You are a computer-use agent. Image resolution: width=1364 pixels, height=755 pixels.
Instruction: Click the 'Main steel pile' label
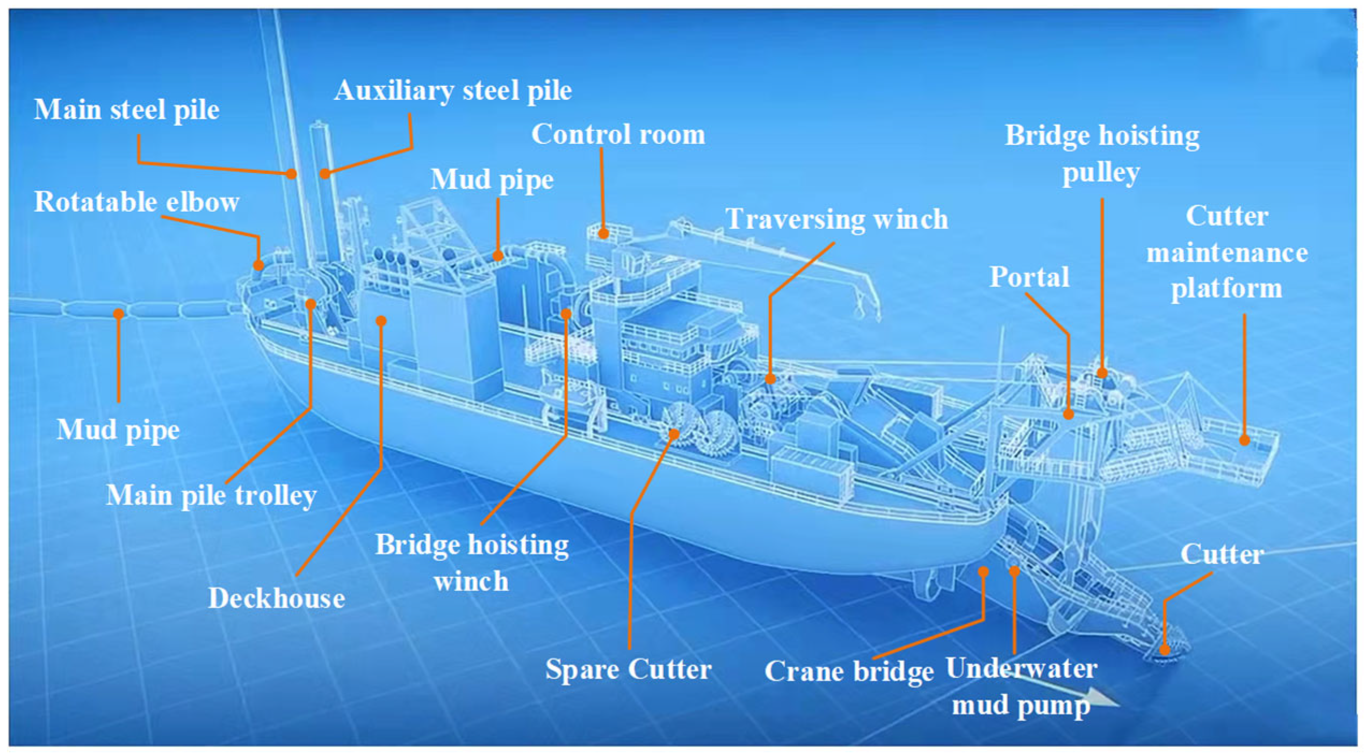pyautogui.click(x=127, y=110)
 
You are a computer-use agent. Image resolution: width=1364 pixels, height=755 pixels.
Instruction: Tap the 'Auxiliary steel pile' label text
pyautogui.click(x=453, y=91)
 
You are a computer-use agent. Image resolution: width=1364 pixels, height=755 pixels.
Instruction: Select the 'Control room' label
pyautogui.click(x=618, y=134)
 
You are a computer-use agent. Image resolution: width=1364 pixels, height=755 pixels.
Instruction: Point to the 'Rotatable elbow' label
pyautogui.click(x=136, y=202)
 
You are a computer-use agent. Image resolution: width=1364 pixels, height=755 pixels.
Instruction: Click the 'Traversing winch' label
pyautogui.click(x=836, y=219)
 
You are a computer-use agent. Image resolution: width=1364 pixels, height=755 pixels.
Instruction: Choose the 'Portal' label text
pyautogui.click(x=1029, y=277)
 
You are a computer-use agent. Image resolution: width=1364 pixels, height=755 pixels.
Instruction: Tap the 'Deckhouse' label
pyautogui.click(x=276, y=598)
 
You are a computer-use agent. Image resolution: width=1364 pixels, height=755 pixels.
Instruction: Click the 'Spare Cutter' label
pyautogui.click(x=628, y=670)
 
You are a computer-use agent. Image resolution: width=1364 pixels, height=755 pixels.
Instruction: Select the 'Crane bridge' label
pyautogui.click(x=848, y=671)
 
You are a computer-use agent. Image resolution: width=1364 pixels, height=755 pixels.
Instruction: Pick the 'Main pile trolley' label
pyautogui.click(x=211, y=495)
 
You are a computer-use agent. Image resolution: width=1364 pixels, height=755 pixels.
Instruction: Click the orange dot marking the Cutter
pyautogui.click(x=1164, y=650)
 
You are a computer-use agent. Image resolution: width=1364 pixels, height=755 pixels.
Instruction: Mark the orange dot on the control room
pyautogui.click(x=603, y=234)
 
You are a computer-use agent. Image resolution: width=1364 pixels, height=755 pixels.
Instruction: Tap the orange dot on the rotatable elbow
pyautogui.click(x=259, y=265)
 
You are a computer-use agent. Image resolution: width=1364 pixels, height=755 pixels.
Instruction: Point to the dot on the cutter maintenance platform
pyautogui.click(x=1244, y=440)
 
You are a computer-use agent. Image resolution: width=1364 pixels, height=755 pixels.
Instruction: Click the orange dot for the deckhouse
pyautogui.click(x=381, y=321)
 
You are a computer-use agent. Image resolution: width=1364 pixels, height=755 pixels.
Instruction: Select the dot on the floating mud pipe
pyautogui.click(x=119, y=313)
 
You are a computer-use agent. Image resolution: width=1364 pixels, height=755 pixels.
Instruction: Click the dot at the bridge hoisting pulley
pyautogui.click(x=1102, y=373)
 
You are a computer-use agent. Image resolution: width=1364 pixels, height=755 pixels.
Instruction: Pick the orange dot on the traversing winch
pyautogui.click(x=770, y=379)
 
